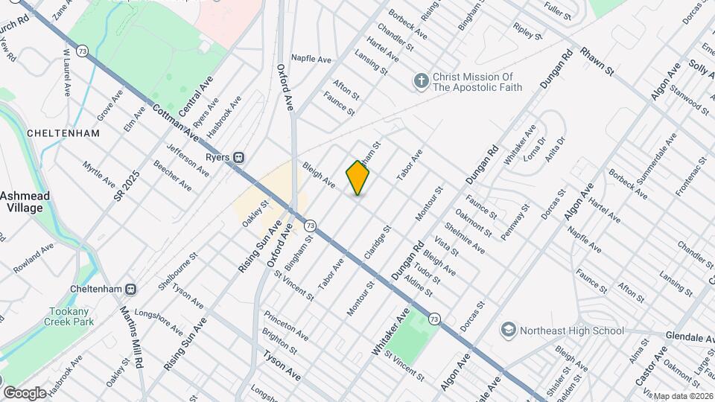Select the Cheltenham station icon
tap(131, 289)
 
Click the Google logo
tap(24, 392)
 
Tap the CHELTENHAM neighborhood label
tap(53, 133)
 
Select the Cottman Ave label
tap(176, 122)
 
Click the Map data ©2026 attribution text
tap(683, 395)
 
